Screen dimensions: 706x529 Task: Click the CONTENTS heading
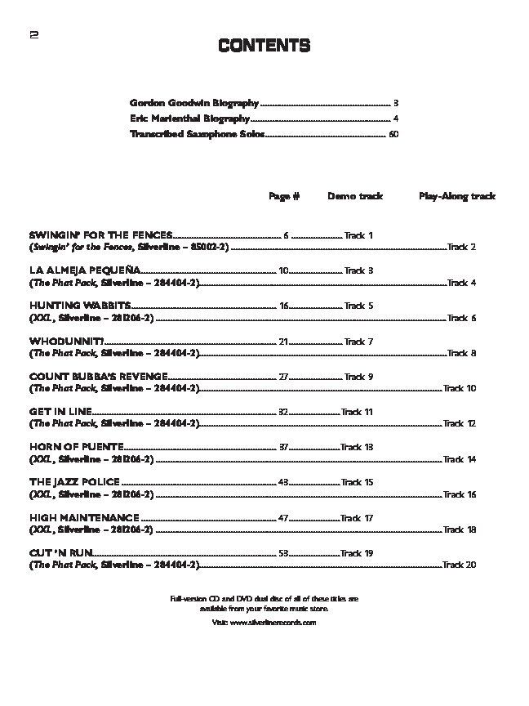[x=264, y=46]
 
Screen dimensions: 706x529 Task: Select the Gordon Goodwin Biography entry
[x=193, y=103]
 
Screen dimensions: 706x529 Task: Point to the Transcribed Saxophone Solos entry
[x=197, y=134]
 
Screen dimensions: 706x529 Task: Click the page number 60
[x=393, y=134]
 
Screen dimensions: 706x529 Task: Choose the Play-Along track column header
[x=457, y=196]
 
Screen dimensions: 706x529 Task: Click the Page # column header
[x=284, y=196]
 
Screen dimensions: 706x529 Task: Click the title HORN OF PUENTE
[x=76, y=447]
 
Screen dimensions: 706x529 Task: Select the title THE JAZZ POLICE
[x=74, y=482]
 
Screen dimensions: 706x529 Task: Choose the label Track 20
[x=460, y=565]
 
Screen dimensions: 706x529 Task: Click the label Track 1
[x=358, y=235]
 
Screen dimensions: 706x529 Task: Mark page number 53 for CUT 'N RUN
[x=284, y=553]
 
